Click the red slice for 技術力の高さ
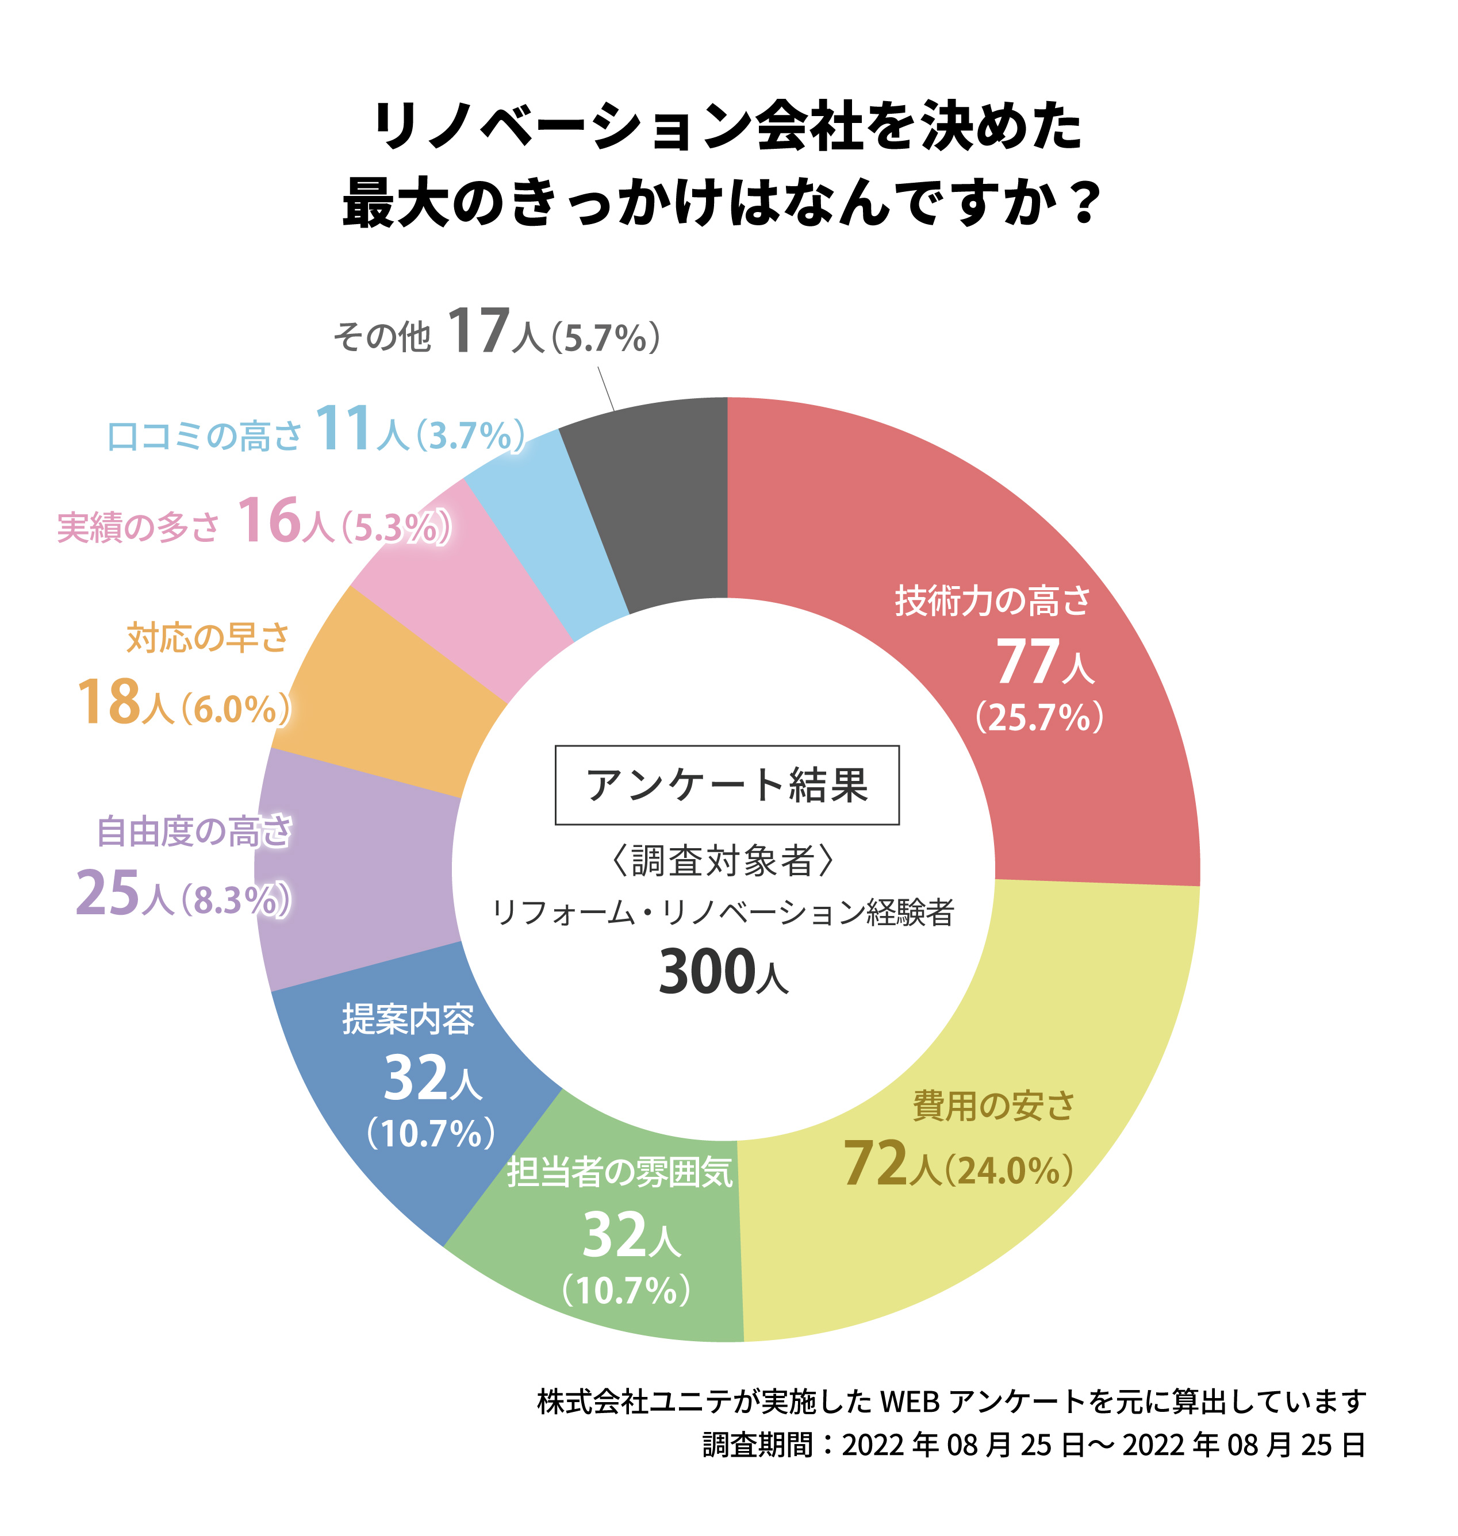(x=1010, y=544)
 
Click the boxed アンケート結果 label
(x=727, y=785)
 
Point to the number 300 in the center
(x=705, y=971)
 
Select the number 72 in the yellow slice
(x=875, y=1162)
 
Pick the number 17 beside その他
(x=478, y=332)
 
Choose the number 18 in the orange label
(x=108, y=702)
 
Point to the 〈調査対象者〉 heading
(x=723, y=861)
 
